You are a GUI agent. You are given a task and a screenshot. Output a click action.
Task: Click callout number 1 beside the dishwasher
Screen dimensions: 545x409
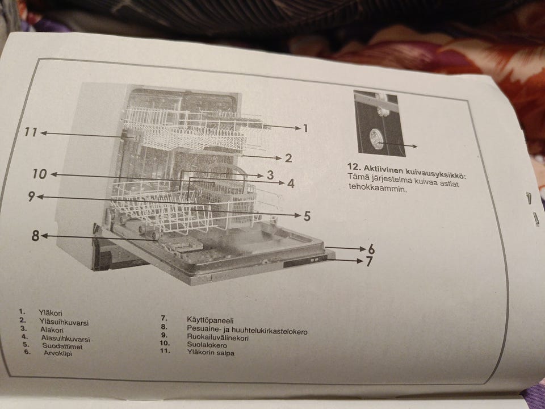[x=305, y=129]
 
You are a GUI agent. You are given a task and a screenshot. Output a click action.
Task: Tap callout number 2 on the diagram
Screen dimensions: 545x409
[x=288, y=158]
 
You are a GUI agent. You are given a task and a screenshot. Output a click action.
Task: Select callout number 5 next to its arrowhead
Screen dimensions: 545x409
[x=307, y=216]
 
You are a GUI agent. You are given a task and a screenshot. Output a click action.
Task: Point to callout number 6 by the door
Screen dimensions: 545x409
[x=371, y=249]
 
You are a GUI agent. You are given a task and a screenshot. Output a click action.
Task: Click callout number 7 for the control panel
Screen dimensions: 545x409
[x=369, y=261]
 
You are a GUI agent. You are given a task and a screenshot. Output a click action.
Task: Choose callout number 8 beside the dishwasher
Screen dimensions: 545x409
[x=35, y=236]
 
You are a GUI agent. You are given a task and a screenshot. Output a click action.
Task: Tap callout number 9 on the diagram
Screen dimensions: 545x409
[x=31, y=197]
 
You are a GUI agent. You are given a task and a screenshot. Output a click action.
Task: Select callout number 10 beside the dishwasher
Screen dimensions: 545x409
[x=40, y=174]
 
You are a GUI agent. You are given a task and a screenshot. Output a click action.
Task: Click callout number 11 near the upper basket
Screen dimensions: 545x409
[x=31, y=132]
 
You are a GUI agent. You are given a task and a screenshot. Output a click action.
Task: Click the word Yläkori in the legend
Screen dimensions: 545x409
[x=51, y=313]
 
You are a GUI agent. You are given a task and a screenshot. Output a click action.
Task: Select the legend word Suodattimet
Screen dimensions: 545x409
[x=62, y=347]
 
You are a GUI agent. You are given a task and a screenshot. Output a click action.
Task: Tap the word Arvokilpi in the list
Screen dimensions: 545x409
[x=58, y=353]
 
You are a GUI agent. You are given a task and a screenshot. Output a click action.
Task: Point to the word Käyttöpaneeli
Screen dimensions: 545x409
[x=210, y=320]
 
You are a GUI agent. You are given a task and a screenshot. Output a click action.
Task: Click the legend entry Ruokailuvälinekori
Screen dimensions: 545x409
[x=218, y=337]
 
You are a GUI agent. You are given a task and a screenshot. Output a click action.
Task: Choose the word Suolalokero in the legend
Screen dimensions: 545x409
[x=207, y=345]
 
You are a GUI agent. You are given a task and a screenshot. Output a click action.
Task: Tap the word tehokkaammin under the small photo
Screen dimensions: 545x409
[x=378, y=189]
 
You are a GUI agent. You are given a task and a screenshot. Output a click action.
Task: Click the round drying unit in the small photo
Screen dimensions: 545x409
[x=376, y=137]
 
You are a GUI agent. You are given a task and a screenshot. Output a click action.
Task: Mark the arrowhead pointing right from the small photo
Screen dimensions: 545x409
[x=414, y=146]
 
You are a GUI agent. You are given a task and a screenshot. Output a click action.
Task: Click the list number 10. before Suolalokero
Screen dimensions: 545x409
[x=165, y=343]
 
